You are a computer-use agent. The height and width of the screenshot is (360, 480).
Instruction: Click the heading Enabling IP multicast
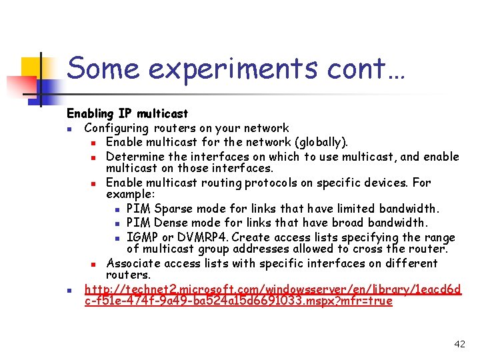pos(127,114)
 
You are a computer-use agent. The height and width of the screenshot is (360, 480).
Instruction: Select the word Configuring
pos(117,128)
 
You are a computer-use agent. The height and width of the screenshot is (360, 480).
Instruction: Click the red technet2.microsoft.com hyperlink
pos(273,294)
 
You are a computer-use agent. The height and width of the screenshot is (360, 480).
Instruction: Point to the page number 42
pos(459,344)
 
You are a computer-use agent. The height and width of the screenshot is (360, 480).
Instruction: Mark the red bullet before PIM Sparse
pos(117,209)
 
